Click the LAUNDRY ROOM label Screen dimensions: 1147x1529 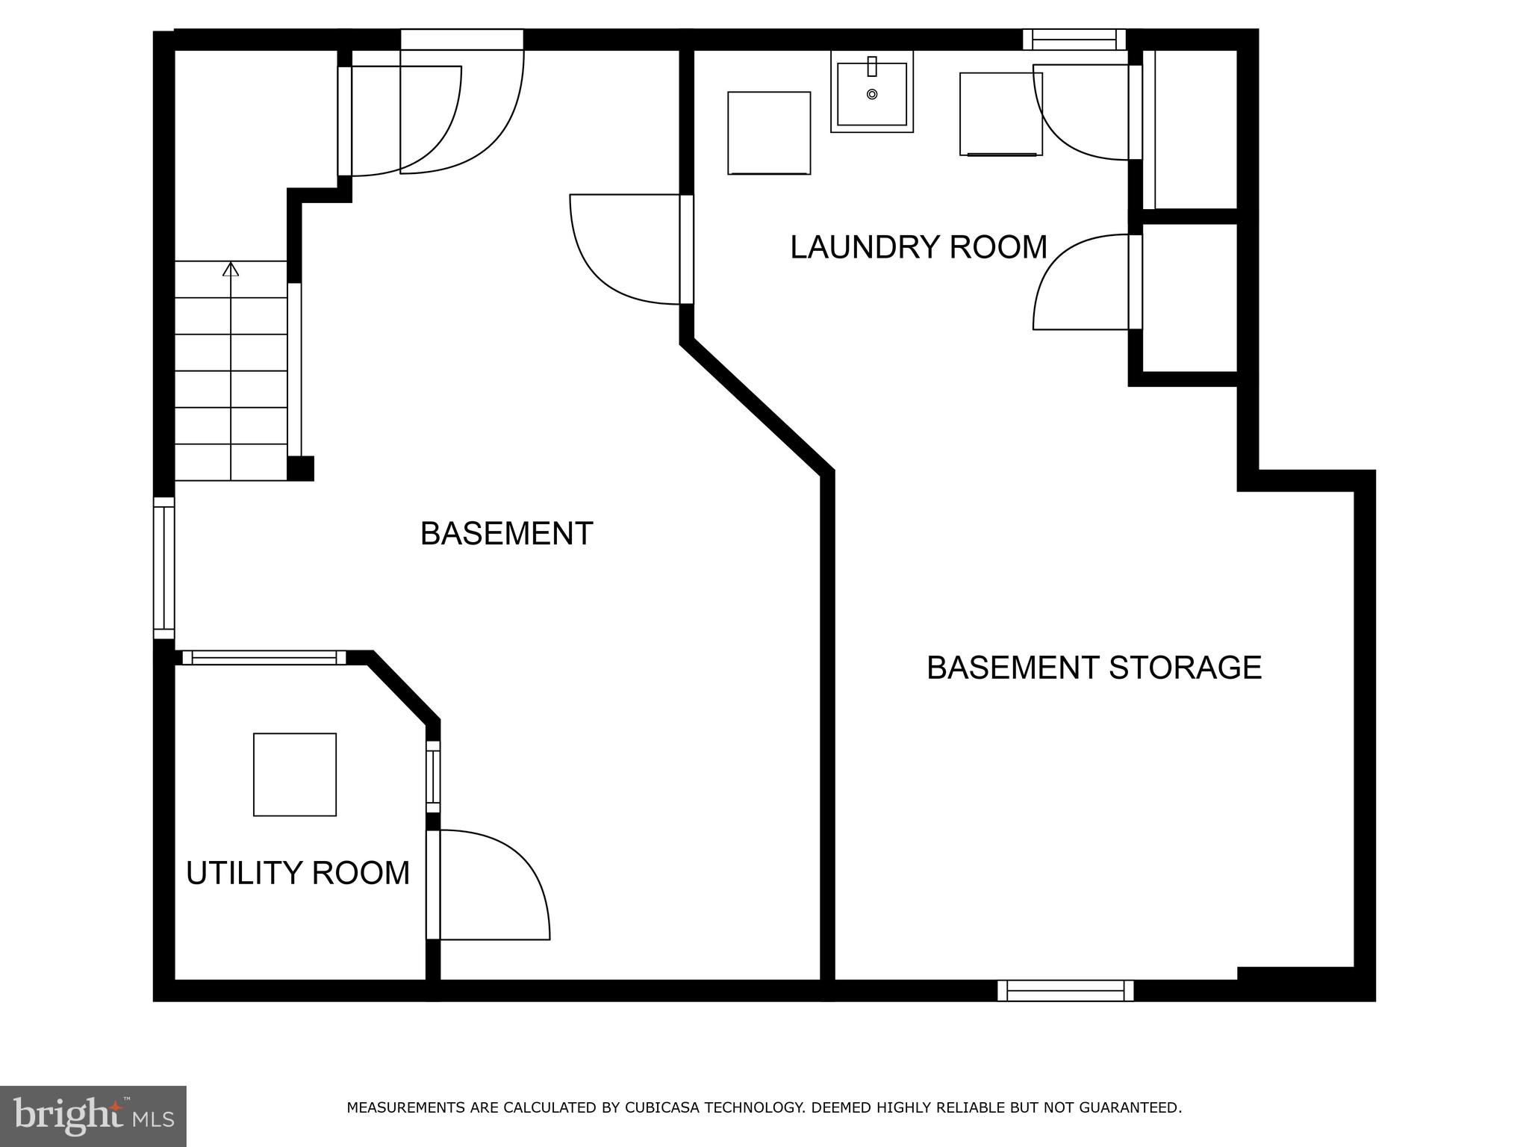point(918,247)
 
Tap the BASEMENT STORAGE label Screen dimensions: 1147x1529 point(1094,668)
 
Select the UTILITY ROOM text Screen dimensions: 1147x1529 point(297,873)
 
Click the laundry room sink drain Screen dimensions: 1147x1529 point(871,94)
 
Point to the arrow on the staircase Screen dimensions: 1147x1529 point(231,269)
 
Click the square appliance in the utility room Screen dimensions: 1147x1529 point(294,774)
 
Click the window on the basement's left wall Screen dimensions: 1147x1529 point(164,568)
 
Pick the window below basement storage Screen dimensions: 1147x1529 point(1065,991)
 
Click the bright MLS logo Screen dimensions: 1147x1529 point(93,1116)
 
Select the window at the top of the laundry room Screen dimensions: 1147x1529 point(1074,40)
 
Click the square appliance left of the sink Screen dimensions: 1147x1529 point(769,133)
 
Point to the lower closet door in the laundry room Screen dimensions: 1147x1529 point(1083,282)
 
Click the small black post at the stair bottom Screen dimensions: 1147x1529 point(300,468)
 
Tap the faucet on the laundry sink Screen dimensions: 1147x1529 point(871,66)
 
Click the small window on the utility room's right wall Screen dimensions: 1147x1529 point(433,777)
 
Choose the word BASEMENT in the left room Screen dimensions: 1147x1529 point(506,534)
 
